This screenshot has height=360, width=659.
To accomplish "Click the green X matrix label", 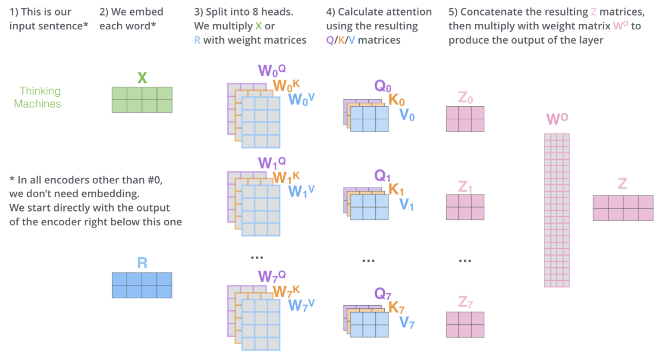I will click(142, 78).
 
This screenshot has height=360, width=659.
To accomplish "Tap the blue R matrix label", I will click(142, 263).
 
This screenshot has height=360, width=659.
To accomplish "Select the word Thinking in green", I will click(40, 91).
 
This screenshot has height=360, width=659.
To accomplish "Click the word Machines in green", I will click(37, 104).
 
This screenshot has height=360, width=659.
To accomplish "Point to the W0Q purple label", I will click(271, 71).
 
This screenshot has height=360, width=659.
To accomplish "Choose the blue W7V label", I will click(301, 305).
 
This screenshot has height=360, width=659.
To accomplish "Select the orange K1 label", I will click(397, 189).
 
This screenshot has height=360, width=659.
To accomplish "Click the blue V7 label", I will click(407, 322).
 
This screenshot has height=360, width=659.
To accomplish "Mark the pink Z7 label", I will click(465, 303).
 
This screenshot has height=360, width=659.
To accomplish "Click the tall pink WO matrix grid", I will click(557, 210).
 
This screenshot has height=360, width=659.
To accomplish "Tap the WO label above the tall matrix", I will click(557, 120).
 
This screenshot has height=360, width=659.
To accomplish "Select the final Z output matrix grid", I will click(623, 208).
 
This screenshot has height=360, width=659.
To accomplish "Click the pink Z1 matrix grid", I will click(465, 207).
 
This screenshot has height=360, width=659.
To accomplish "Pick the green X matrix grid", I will click(142, 100).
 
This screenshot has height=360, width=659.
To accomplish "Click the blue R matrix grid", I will click(142, 285).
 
